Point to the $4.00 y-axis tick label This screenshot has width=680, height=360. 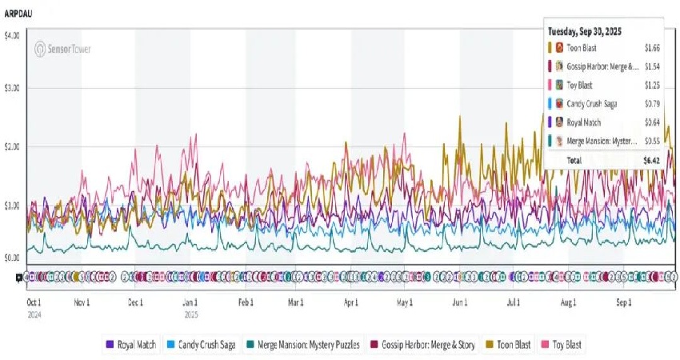click(x=14, y=36)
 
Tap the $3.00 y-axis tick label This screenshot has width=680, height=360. click(x=14, y=87)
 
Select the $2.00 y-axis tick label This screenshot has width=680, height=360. click(x=14, y=146)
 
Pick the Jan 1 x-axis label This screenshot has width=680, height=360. click(x=190, y=303)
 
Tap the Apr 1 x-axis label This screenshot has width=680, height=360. click(x=350, y=303)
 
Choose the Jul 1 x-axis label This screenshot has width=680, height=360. click(x=513, y=303)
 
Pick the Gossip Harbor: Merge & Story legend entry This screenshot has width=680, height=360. click(x=429, y=345)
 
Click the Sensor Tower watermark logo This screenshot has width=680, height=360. click(x=62, y=49)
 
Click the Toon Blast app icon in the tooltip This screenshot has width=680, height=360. click(x=558, y=48)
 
